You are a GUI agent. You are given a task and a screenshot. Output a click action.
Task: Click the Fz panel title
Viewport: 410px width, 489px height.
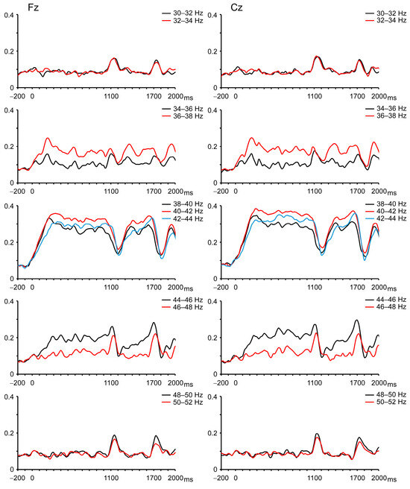coord(33,7)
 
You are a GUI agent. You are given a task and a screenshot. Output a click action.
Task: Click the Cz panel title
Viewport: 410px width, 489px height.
coord(236,7)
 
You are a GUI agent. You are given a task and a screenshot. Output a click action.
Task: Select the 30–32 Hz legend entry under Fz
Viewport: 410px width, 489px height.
coord(183,13)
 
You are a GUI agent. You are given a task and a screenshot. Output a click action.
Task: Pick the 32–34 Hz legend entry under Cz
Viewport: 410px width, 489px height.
coord(386,20)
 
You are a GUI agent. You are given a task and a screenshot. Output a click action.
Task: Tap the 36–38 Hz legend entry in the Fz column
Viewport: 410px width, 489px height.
coord(183,116)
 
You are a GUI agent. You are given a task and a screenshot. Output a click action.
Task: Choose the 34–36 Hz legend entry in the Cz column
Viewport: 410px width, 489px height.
coord(386,109)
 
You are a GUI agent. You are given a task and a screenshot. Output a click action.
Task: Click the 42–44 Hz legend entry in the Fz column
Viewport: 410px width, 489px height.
coord(183,219)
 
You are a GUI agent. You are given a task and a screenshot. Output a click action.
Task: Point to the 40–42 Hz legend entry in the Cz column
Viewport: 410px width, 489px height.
coord(386,211)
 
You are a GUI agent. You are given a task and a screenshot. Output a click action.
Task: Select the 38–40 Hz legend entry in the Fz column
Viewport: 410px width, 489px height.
coord(183,204)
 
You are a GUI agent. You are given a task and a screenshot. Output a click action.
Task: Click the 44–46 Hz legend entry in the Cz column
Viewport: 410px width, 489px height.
coord(386,300)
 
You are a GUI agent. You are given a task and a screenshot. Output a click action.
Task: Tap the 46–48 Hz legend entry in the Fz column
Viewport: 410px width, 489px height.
coord(183,307)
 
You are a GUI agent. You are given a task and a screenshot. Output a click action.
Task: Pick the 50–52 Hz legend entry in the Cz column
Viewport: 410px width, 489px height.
coord(386,403)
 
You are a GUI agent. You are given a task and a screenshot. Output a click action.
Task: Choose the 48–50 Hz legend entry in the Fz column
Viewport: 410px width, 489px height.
coord(183,395)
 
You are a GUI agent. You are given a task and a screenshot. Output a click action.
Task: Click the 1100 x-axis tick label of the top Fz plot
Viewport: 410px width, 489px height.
coord(111,96)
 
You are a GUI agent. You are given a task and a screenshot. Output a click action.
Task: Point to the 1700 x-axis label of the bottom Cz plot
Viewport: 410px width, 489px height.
coord(357,478)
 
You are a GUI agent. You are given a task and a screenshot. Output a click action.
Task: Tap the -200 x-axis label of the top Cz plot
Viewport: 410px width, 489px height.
coord(221,96)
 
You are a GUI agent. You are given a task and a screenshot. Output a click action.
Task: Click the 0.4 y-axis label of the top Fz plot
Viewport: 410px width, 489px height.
coord(9,15)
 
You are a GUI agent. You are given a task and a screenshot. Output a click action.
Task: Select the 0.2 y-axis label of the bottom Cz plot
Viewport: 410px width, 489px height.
coord(212,433)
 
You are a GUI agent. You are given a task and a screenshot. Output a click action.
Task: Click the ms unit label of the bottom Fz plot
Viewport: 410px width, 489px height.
coord(189,479)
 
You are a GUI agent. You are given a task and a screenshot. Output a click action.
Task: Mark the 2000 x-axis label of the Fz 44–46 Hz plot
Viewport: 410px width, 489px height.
coord(175,382)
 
